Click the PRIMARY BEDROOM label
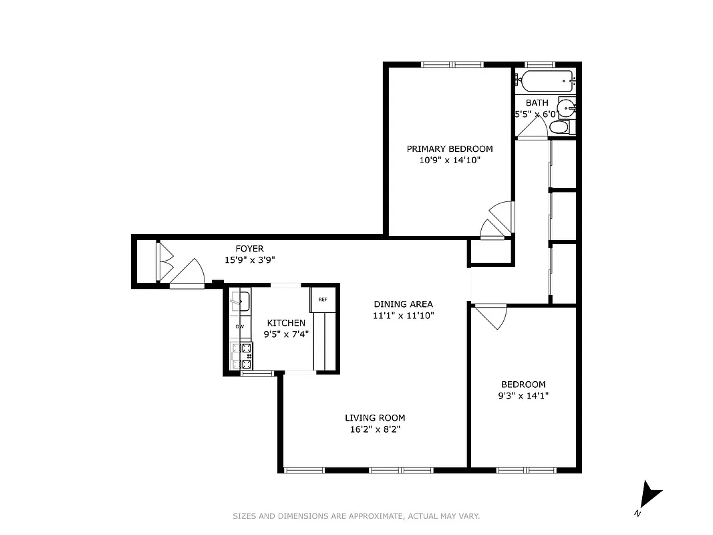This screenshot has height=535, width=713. [450, 148]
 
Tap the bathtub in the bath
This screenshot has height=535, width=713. [547, 81]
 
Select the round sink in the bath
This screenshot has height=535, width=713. [567, 107]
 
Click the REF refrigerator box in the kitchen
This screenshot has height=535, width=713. [321, 300]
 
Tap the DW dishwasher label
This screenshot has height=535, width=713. [240, 326]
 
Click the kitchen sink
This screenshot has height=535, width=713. [241, 301]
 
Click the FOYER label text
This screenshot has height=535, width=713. [249, 249]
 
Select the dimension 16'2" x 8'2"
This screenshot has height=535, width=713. [375, 429]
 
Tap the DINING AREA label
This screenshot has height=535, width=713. [404, 304]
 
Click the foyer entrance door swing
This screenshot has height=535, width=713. [190, 273]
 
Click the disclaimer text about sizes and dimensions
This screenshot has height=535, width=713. [356, 516]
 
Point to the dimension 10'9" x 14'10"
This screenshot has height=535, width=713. [450, 160]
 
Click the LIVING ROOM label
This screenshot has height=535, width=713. [375, 418]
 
